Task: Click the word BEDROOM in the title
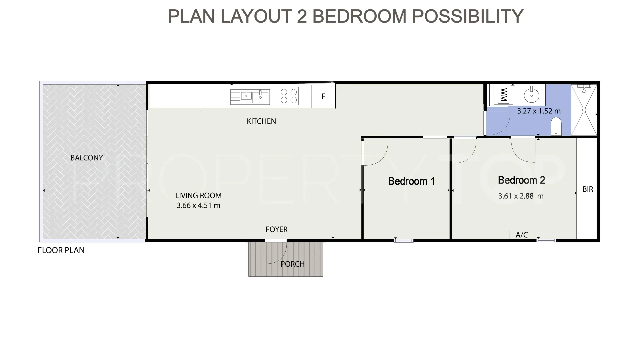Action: pos(359,16)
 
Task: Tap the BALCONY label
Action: pos(87,158)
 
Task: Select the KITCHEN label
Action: pos(261,121)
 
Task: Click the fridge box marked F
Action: pos(323,96)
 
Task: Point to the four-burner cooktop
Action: pos(289,96)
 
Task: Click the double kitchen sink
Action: pos(250,97)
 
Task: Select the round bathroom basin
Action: pos(531,95)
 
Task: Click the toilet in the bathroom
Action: pos(556,127)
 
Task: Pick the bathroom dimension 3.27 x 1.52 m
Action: pos(539,111)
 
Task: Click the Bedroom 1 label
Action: pos(411,181)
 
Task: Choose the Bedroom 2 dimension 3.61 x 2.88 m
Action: pos(521,196)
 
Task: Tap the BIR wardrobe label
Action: pos(588,189)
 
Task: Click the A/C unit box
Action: pos(522,235)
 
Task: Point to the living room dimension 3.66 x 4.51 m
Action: pos(198,205)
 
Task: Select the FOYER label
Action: pos(276,229)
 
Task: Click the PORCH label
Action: pos(293,264)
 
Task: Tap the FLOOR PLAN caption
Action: pos(61,250)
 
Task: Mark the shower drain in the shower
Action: pos(584,110)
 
